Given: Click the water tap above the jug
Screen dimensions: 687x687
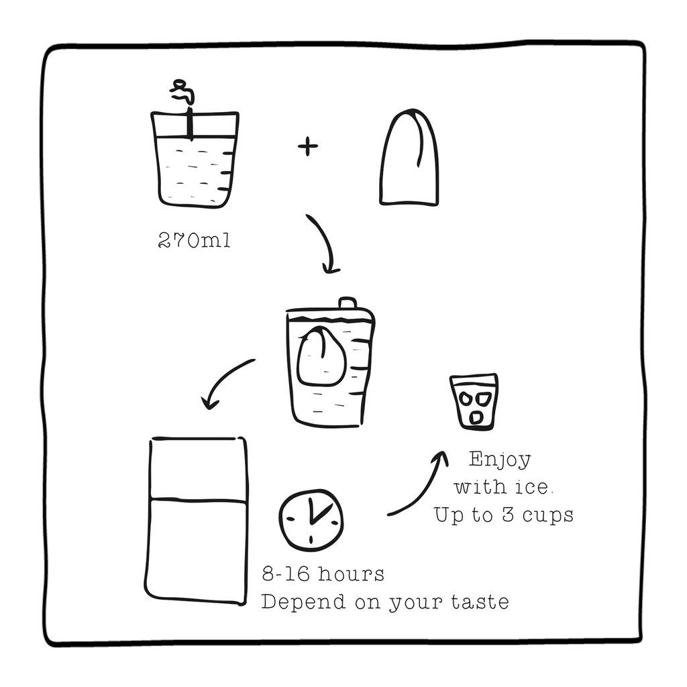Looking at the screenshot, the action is (x=183, y=92).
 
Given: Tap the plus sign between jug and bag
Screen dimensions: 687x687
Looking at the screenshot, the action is (x=307, y=146).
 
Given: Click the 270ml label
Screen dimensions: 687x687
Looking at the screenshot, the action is (x=194, y=240).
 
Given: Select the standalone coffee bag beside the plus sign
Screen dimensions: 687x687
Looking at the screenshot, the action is (x=409, y=157).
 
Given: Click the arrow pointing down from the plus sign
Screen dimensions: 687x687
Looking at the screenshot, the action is (x=327, y=240).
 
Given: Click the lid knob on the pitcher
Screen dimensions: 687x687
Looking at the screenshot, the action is (x=348, y=303).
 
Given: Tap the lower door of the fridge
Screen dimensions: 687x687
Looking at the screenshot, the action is (x=197, y=551).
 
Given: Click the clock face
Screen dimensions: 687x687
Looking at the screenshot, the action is (x=311, y=520).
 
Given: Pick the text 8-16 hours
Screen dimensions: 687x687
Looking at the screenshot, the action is (x=323, y=574).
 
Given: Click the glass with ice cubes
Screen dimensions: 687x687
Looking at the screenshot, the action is (x=474, y=401).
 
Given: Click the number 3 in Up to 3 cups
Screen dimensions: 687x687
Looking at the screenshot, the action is (x=508, y=515).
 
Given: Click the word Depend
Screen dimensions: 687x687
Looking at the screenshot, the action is (x=303, y=602).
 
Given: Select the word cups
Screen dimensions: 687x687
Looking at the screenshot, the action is (x=548, y=516).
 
